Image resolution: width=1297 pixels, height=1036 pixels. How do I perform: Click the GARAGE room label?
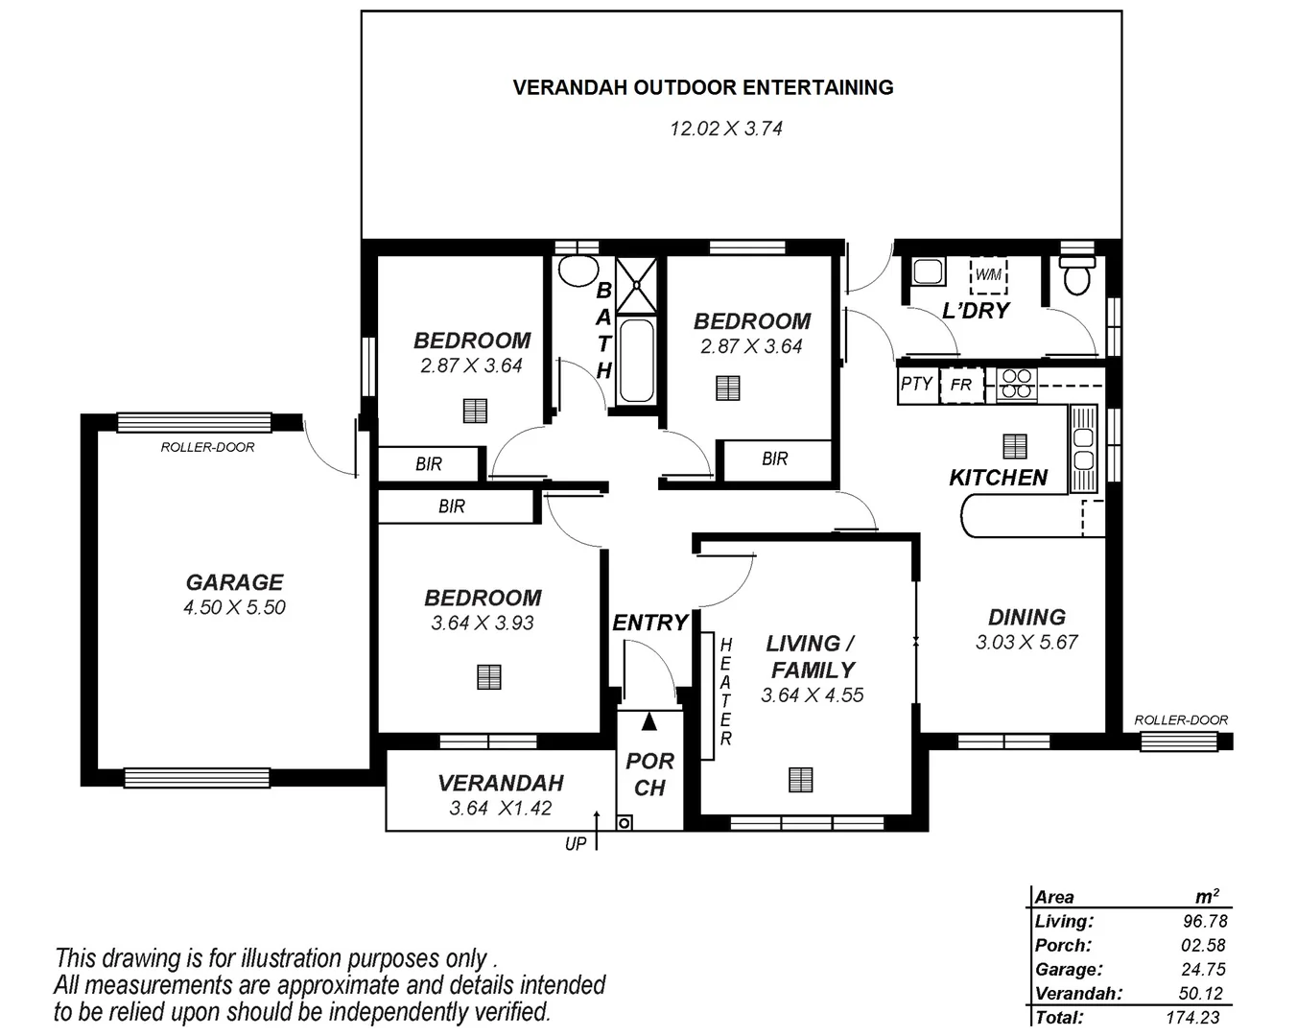[234, 582]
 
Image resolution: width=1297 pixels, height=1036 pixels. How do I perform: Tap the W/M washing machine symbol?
[988, 275]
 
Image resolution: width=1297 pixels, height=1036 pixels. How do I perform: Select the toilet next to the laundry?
[1077, 274]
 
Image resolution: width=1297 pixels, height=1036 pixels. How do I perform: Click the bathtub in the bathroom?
[635, 362]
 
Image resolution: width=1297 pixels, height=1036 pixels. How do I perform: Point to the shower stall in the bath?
[636, 285]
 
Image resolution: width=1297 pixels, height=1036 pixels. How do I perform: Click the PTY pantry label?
[916, 384]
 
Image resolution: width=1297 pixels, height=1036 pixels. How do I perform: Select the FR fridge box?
[961, 385]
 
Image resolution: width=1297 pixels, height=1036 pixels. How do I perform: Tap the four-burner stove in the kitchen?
[1015, 384]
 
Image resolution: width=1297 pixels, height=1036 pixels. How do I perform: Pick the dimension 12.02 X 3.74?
[725, 129]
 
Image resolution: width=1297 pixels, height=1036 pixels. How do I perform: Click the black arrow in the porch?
[649, 721]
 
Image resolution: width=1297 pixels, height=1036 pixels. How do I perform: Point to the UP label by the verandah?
[575, 844]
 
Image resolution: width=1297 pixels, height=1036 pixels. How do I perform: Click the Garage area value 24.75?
[1203, 969]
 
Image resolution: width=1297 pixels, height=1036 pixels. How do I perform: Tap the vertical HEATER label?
[725, 692]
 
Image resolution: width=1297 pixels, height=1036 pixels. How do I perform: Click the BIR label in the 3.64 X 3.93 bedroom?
[451, 506]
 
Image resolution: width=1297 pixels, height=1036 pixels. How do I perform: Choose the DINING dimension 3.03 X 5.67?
[1026, 643]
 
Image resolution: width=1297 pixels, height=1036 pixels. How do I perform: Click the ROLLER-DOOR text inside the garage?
[207, 447]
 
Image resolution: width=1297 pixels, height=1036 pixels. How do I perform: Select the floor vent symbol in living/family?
[800, 780]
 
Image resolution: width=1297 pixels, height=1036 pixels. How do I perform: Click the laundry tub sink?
[928, 271]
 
